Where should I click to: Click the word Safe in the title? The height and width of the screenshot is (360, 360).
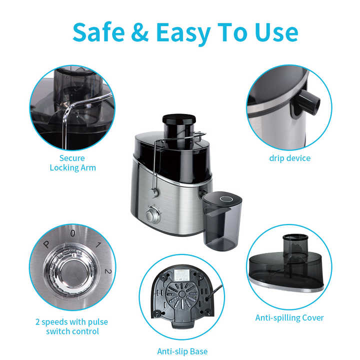tap(98, 32)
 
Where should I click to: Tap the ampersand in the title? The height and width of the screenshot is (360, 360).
tap(140, 32)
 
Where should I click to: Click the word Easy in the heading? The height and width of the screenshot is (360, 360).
tap(183, 33)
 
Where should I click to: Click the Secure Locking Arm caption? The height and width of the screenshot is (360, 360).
tap(72, 163)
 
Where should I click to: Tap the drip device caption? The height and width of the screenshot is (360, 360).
tap(289, 158)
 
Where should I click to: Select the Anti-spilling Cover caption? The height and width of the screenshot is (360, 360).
tap(289, 318)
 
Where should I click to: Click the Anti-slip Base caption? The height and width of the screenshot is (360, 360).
tap(182, 351)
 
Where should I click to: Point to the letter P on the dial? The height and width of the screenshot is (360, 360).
tap(46, 244)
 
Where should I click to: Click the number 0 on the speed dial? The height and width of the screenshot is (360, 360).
tap(73, 233)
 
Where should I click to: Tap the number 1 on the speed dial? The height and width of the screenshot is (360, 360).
tap(98, 244)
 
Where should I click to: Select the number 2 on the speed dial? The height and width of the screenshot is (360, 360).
tap(108, 271)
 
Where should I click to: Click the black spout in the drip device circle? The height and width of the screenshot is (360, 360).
tap(306, 102)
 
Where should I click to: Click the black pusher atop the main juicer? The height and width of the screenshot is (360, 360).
tap(179, 119)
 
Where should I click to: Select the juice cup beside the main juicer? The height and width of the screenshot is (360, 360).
tap(222, 221)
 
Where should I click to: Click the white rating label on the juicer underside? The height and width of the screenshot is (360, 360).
tap(181, 274)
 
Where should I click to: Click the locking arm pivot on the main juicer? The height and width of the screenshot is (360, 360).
tap(154, 191)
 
